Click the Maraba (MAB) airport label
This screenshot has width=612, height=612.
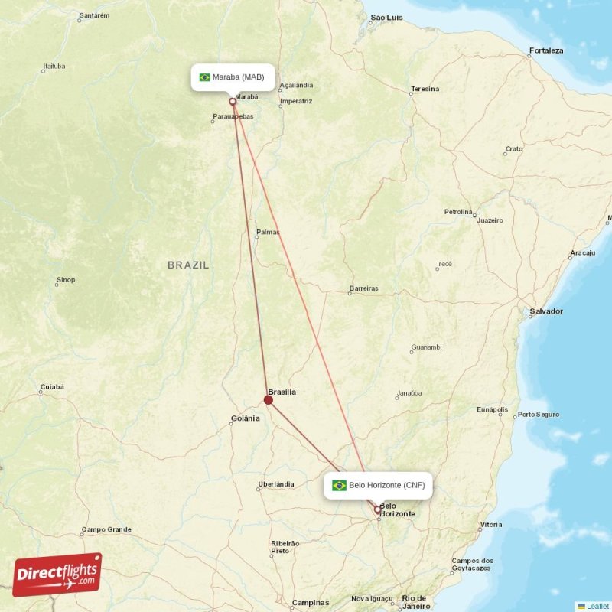[233, 77]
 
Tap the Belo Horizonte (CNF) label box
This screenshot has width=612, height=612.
[378, 485]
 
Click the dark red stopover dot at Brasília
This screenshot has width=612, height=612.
[269, 399]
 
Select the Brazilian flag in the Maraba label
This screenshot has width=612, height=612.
[204, 77]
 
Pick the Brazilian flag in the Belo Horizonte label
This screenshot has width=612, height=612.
[339, 485]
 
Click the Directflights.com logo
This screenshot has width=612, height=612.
[57, 575]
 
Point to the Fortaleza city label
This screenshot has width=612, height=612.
[545, 51]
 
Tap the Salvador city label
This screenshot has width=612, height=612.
[545, 311]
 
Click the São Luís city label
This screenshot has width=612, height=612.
[386, 17]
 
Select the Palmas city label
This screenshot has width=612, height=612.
[268, 232]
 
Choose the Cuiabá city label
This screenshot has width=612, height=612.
[52, 387]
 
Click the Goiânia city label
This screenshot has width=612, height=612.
[246, 418]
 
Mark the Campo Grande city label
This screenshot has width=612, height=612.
[106, 529]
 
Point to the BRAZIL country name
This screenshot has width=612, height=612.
[188, 265]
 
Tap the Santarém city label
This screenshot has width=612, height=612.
[94, 15]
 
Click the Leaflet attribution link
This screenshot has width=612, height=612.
[597, 606]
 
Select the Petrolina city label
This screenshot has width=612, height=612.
[459, 211]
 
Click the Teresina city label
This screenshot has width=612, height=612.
[425, 89]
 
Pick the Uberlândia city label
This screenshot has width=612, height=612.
[275, 484]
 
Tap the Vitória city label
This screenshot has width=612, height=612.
[490, 525]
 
